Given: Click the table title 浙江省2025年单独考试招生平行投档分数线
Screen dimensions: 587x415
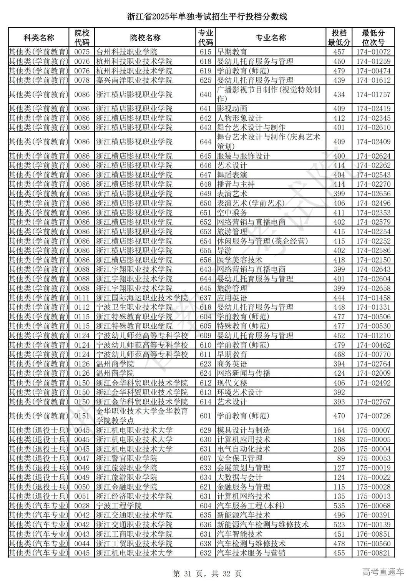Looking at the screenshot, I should (x=207, y=17).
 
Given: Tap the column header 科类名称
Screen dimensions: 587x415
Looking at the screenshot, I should (x=39, y=38).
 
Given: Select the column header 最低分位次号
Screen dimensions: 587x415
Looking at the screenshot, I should (x=373, y=38).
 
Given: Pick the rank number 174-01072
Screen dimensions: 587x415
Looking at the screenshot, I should (x=373, y=52).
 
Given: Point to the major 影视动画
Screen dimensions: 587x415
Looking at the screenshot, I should (x=232, y=109).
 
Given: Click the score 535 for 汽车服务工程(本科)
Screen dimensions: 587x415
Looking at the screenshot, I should (x=339, y=506).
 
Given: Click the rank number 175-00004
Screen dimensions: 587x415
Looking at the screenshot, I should (x=373, y=449).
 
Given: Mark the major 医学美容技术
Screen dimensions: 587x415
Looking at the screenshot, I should (x=240, y=260).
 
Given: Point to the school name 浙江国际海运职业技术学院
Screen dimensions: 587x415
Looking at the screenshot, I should (x=142, y=298).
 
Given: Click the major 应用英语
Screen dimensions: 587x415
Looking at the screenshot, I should (x=232, y=298).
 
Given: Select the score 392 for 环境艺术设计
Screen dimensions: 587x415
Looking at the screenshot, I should (x=339, y=392).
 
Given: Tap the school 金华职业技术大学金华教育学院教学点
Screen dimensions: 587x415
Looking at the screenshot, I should (x=142, y=416).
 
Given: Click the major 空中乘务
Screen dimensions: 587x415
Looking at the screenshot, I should (x=232, y=213).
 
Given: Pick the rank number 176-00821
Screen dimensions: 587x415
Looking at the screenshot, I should (x=373, y=553).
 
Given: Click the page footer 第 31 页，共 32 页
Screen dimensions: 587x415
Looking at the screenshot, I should (x=207, y=574).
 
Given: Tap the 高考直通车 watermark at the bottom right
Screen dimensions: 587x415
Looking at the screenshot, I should (x=383, y=572).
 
